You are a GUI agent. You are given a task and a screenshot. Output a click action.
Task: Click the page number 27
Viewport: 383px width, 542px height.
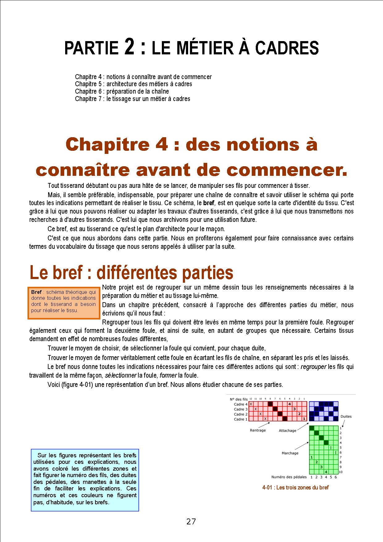coord(191,522)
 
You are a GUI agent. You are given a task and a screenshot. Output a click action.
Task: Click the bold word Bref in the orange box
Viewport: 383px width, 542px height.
coord(36,292)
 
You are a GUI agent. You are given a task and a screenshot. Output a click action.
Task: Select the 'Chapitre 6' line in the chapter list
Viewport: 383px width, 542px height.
coord(122,91)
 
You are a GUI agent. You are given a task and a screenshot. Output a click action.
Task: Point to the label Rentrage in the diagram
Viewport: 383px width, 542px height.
coord(258,430)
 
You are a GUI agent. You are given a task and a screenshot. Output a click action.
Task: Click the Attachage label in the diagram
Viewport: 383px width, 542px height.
coord(287,430)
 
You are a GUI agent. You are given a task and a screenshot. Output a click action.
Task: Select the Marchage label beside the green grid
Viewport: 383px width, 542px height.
coord(290,453)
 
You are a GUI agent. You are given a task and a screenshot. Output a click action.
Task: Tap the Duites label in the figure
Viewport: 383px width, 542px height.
coord(346,416)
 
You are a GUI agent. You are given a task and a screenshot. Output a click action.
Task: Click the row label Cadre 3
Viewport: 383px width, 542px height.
coord(241,409)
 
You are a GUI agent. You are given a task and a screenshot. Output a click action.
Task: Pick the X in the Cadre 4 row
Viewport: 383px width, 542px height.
coord(251,404)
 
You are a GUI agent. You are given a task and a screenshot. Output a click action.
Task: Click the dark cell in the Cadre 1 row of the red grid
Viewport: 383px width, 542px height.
coord(285,419)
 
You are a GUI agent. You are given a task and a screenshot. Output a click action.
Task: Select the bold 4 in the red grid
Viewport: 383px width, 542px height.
coord(289,404)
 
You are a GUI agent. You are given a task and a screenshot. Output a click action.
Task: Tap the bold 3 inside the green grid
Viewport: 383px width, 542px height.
coord(321,467)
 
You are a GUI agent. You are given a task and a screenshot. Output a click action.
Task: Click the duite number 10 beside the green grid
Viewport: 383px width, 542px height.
coord(341,472)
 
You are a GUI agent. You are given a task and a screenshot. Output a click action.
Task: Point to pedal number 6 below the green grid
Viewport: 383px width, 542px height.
coord(336,477)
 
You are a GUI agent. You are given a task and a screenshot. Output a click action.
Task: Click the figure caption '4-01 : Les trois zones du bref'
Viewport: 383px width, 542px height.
coord(295,488)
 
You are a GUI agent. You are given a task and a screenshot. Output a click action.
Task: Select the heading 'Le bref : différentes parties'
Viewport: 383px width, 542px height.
coord(131,273)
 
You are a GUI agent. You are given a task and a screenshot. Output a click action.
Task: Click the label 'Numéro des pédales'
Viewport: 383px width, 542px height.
coord(289,477)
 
